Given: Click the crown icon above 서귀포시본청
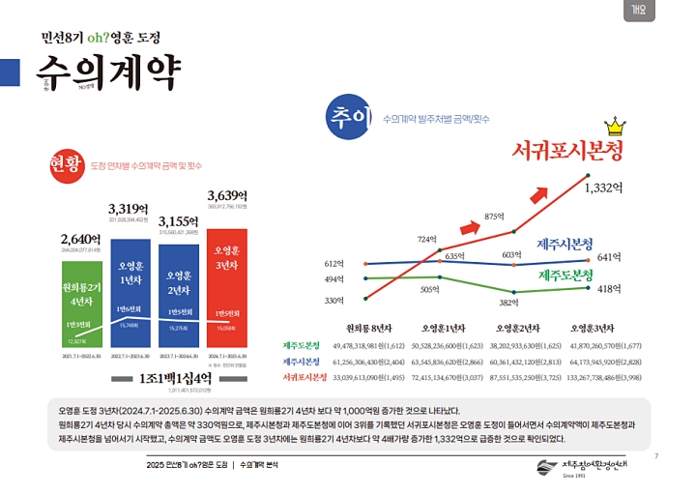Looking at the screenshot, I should (614, 126).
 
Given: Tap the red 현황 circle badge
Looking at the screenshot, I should (68, 165).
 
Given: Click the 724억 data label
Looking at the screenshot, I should (427, 239).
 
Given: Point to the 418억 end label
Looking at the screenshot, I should (608, 288).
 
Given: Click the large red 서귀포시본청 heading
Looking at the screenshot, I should (567, 151).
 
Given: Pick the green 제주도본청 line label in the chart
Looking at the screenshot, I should (565, 275).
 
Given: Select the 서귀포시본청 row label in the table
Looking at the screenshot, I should (304, 376).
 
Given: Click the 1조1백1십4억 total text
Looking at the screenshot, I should (175, 377).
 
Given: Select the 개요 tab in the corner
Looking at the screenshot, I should (639, 11).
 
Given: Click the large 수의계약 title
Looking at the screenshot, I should (107, 70).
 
